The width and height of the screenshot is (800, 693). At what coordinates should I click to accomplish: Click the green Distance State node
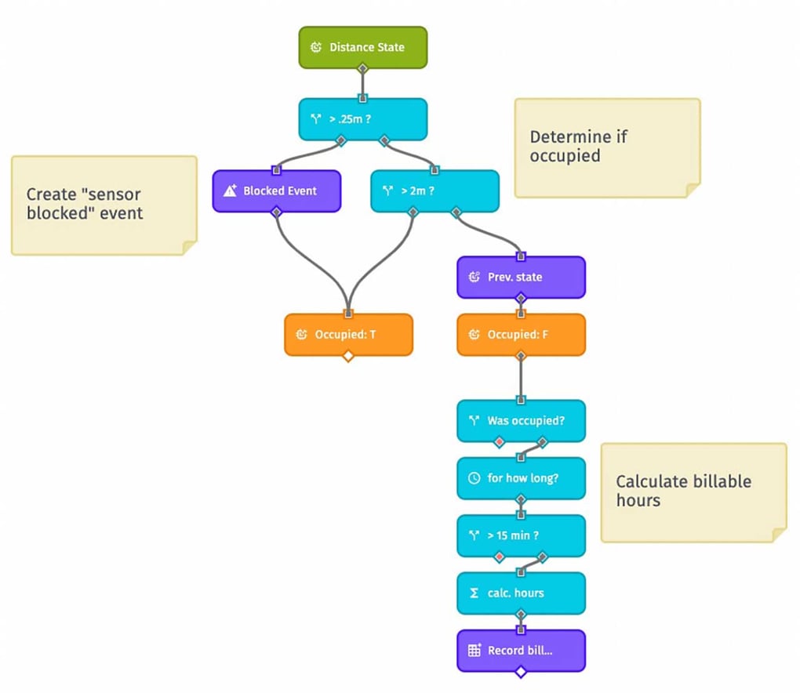click(x=363, y=47)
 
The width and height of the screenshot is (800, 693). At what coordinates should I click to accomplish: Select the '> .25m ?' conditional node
click(x=363, y=119)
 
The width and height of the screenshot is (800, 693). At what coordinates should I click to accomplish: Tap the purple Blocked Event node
click(x=277, y=191)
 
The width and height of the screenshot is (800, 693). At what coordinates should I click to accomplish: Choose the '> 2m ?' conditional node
click(x=435, y=191)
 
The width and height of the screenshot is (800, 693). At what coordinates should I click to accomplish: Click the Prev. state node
click(x=521, y=278)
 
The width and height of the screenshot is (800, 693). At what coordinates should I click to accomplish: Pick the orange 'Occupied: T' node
click(x=348, y=335)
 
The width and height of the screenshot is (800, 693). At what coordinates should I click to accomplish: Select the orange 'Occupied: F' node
click(x=521, y=335)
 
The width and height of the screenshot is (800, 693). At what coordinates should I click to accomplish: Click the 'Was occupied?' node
click(x=521, y=421)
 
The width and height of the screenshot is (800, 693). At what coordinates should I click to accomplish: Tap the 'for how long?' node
click(x=521, y=478)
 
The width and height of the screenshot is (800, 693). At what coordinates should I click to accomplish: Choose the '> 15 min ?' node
click(x=521, y=536)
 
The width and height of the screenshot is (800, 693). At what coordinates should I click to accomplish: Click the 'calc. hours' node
click(x=521, y=593)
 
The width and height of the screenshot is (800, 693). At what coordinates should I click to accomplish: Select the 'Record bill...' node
click(x=521, y=651)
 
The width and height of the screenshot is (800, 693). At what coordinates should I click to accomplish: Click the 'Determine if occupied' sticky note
click(x=606, y=147)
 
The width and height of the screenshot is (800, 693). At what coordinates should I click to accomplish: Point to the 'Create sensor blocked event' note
click(x=103, y=204)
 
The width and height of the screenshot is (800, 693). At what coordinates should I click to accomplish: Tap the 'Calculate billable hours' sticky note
click(x=693, y=492)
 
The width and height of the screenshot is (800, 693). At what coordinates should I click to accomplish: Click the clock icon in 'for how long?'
click(x=474, y=478)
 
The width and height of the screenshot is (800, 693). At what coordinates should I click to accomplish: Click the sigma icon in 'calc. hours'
click(x=474, y=593)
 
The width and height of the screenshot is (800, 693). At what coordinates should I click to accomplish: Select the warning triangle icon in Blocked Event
click(x=230, y=191)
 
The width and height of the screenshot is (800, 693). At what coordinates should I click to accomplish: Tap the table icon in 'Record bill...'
click(x=474, y=651)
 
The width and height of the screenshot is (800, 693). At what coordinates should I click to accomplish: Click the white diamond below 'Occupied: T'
click(x=348, y=357)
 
